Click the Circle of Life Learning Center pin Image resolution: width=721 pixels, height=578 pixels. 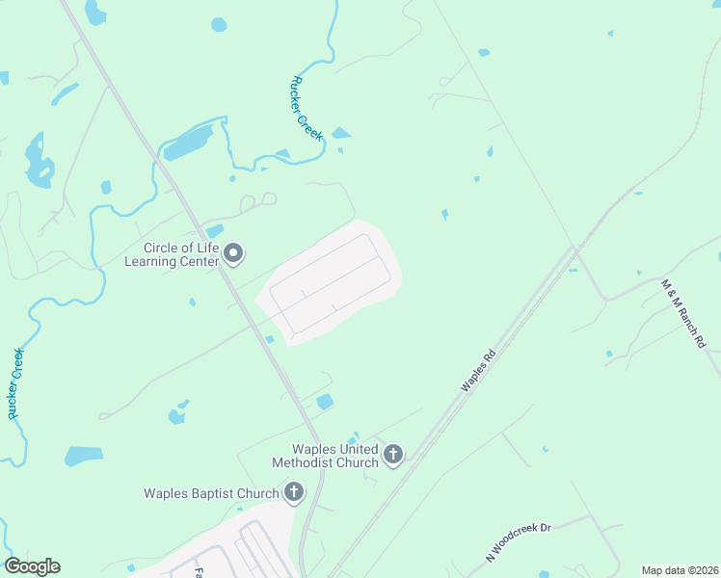pos(233,253)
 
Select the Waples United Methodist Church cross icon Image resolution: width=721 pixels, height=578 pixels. pos(392,454)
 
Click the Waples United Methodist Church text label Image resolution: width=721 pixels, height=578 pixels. pos(335,456)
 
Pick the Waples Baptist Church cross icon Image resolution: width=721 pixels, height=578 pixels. pos(294,493)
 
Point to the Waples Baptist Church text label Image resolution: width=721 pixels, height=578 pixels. pos(211,494)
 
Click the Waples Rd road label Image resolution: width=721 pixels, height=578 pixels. pos(477,369)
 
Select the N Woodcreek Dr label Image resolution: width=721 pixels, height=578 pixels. pos(517,542)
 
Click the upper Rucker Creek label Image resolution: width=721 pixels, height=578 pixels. pos(307,109)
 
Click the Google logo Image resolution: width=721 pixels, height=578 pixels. pos(32,566)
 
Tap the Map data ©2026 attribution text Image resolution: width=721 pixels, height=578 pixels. pos(681,570)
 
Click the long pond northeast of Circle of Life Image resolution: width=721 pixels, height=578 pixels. pos(188,143)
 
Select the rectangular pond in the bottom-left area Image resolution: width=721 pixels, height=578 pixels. pos(84,456)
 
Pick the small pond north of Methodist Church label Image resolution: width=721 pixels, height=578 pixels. pos(325,401)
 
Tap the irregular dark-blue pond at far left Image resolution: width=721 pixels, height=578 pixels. pos(39,161)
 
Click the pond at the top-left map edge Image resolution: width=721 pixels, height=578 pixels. pos(94,12)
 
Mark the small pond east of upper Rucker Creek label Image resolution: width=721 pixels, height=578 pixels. pos(341,133)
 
